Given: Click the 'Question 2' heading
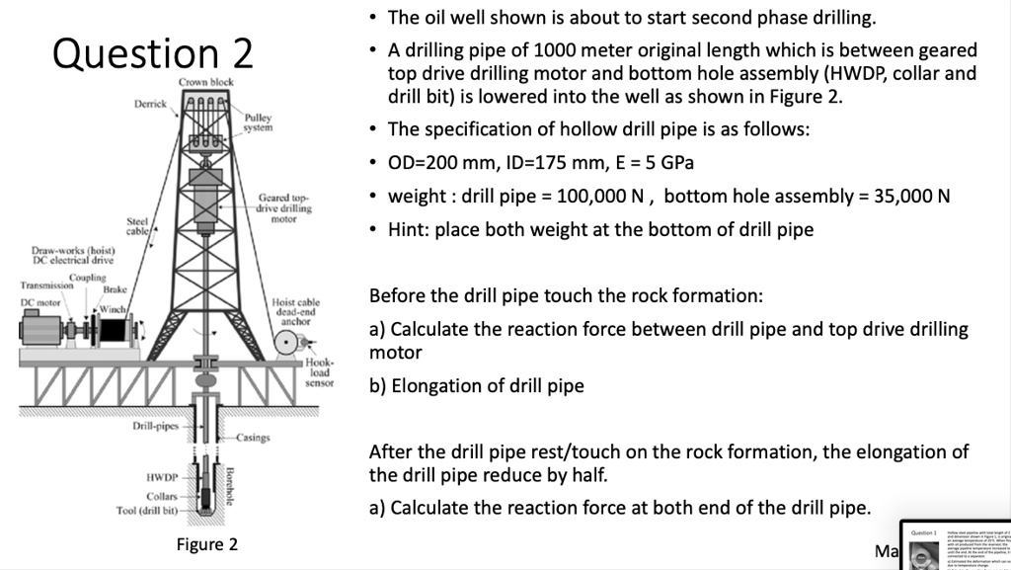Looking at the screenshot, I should (153, 52).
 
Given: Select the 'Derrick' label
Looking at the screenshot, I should (150, 104).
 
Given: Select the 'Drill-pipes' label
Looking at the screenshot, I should (155, 426).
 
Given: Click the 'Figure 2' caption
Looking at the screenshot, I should (207, 544).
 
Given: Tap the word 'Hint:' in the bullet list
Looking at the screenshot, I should (412, 229).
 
